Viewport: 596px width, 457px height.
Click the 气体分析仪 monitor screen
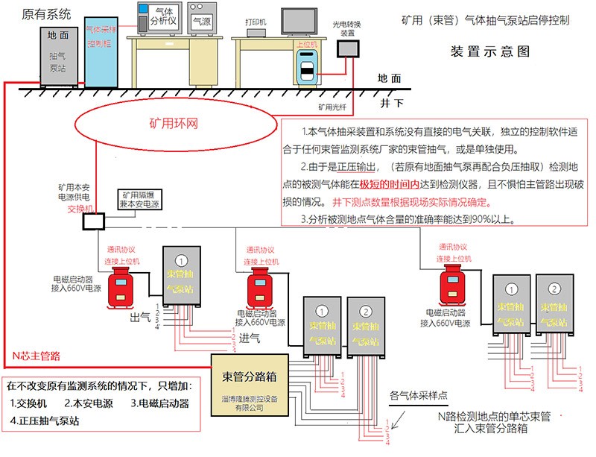(155, 17)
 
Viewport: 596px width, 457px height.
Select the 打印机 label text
(256, 22)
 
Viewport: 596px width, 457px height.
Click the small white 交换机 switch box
(92, 221)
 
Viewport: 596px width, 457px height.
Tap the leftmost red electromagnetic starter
(118, 289)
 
